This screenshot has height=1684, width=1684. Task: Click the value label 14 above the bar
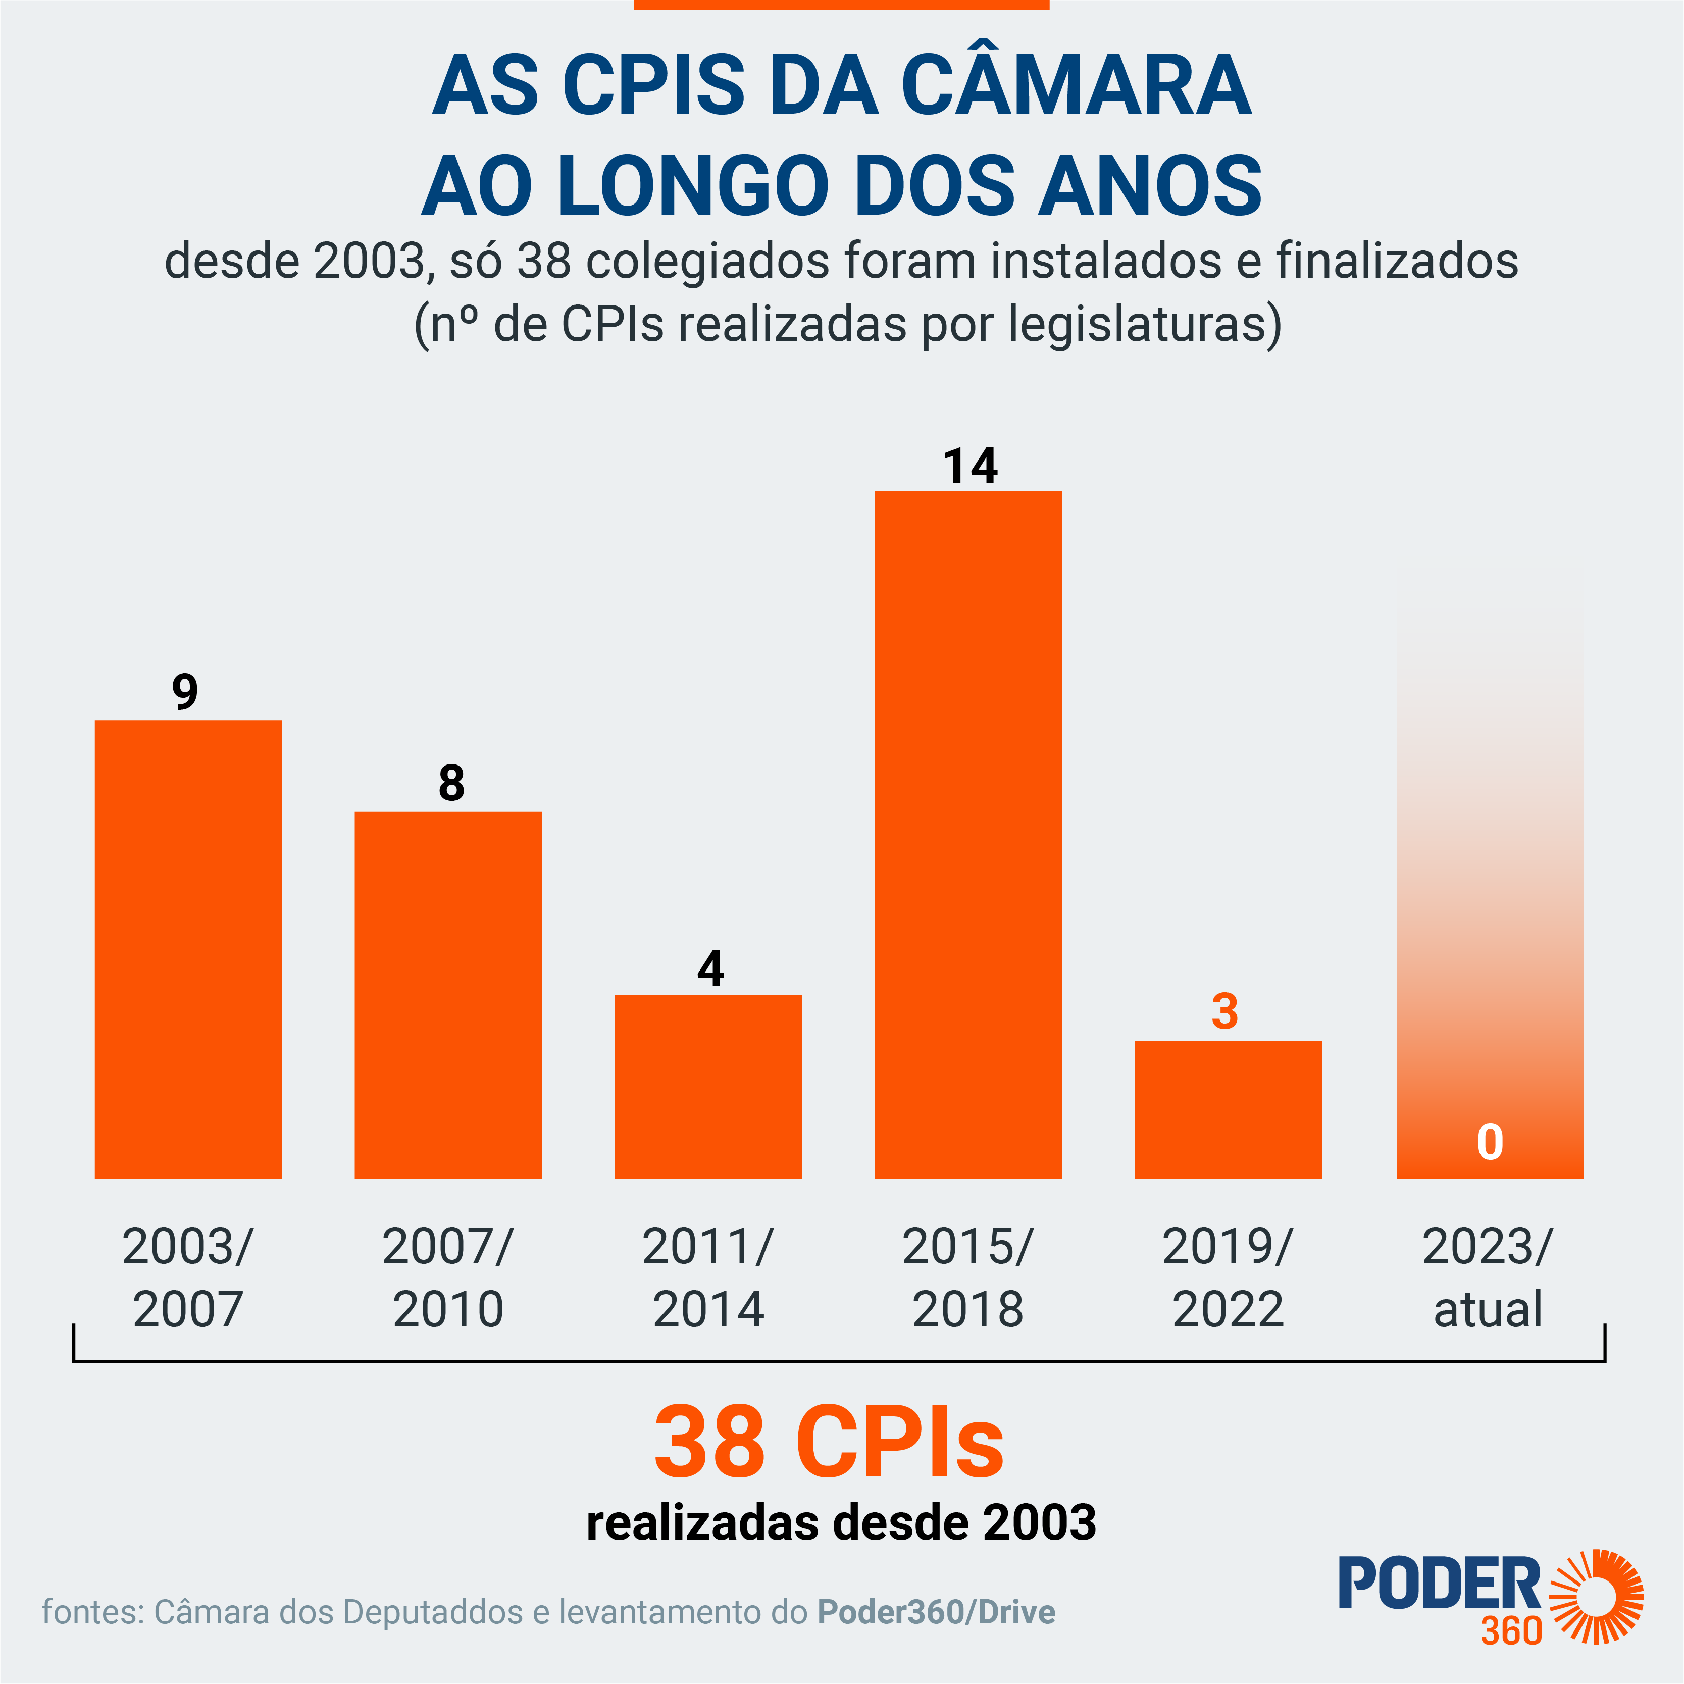(970, 467)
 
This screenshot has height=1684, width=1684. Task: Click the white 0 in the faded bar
(1490, 1142)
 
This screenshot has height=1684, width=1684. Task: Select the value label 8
(450, 783)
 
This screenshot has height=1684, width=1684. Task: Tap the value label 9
(185, 692)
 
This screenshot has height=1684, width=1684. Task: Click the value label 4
(710, 968)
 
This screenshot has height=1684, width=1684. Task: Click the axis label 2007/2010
(448, 1278)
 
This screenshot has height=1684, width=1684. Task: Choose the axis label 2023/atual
(1488, 1278)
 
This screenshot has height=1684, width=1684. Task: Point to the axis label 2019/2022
(1227, 1278)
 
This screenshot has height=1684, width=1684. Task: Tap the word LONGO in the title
(693, 186)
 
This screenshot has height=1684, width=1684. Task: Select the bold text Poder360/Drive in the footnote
(936, 1612)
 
